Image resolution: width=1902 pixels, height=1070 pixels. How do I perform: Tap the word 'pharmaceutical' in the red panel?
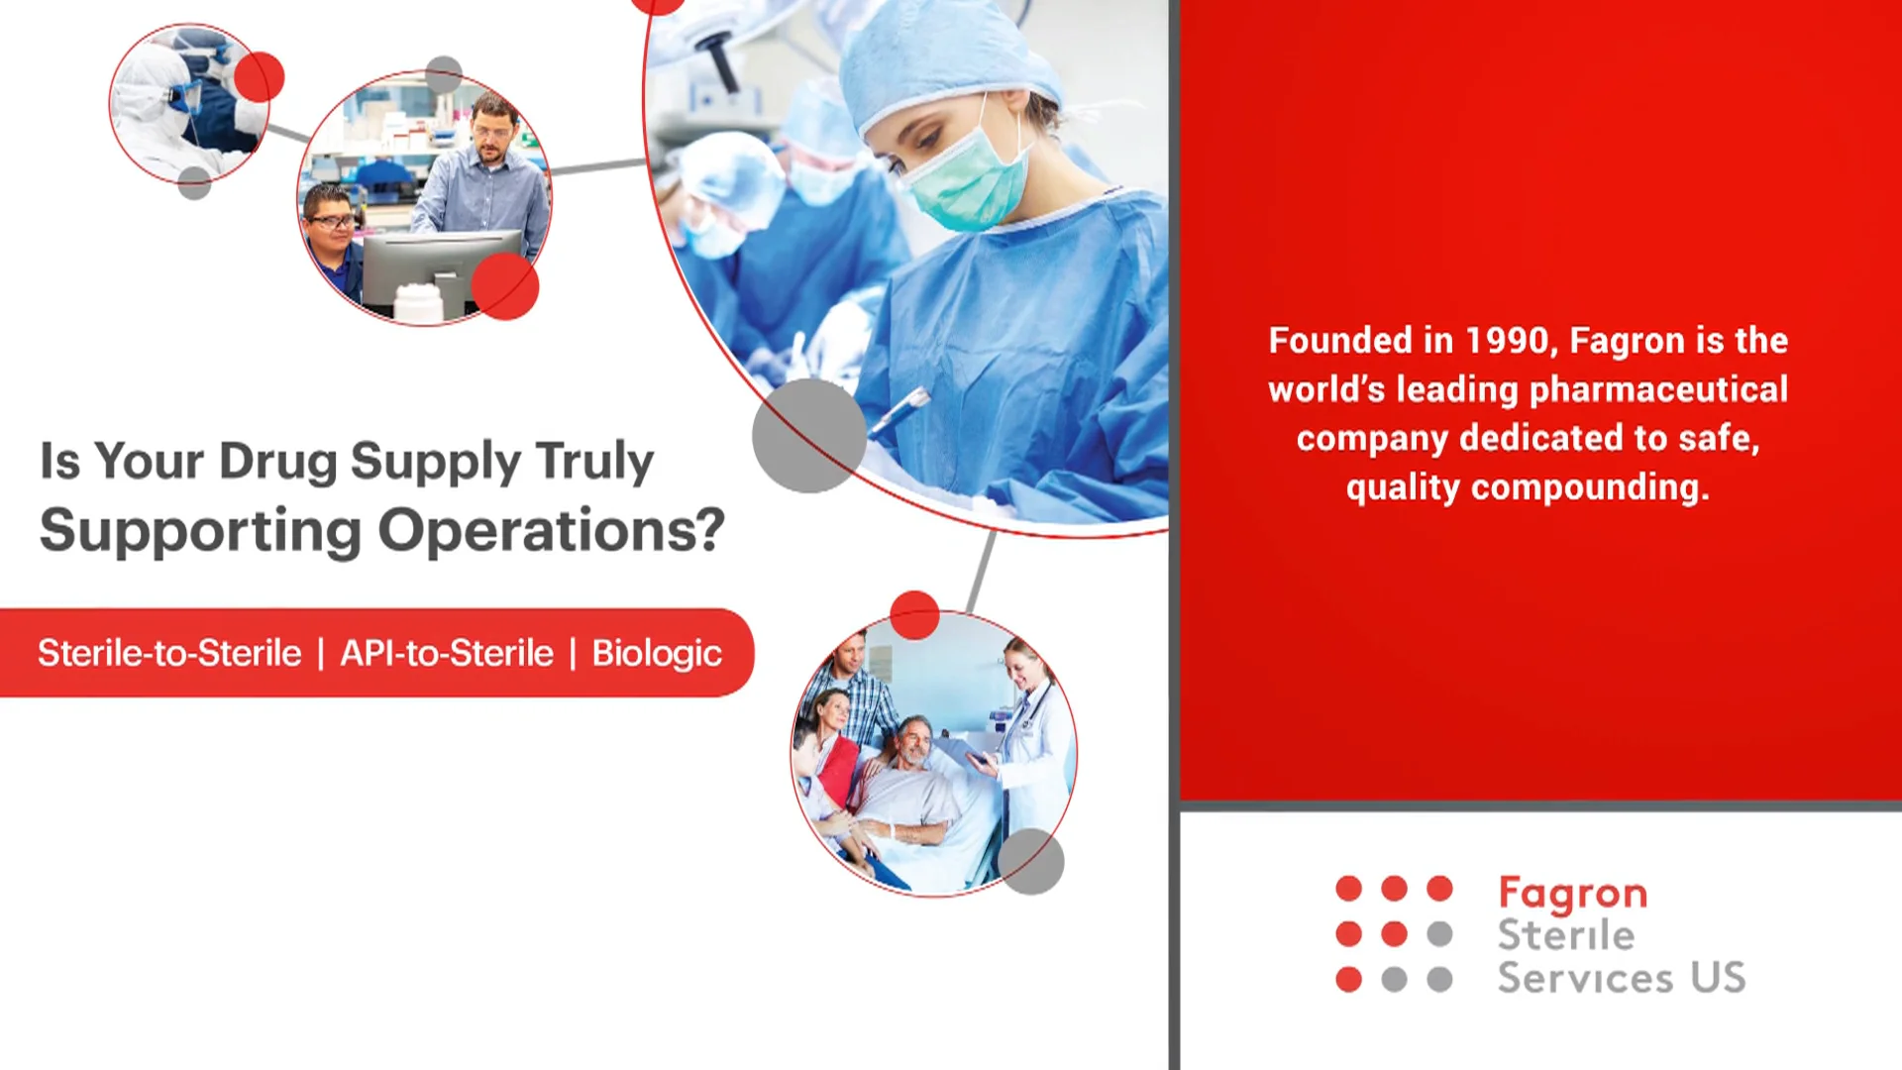click(x=1659, y=390)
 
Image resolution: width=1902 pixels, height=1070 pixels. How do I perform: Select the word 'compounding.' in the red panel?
click(x=1590, y=488)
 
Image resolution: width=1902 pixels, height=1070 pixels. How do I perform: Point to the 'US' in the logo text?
click(x=1718, y=978)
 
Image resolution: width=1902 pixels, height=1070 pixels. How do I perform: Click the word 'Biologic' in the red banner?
click(x=657, y=654)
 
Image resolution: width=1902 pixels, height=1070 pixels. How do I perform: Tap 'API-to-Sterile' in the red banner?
click(x=447, y=653)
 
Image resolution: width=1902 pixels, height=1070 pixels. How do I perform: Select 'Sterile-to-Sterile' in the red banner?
click(x=169, y=653)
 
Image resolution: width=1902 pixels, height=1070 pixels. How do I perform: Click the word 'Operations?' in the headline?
click(x=552, y=530)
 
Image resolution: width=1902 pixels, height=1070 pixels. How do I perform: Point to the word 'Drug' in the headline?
click(x=278, y=461)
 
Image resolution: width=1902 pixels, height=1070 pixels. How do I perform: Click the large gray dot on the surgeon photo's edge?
click(x=809, y=435)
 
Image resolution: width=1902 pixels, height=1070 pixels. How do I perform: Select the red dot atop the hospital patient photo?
click(x=914, y=615)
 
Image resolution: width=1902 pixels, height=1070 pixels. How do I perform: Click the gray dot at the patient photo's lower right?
click(x=1031, y=862)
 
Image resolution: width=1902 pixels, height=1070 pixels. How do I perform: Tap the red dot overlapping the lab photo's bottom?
click(x=505, y=286)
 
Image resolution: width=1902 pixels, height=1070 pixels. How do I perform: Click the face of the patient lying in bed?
click(x=916, y=742)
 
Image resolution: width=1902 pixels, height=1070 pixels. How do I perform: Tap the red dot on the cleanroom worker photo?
click(x=260, y=77)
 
